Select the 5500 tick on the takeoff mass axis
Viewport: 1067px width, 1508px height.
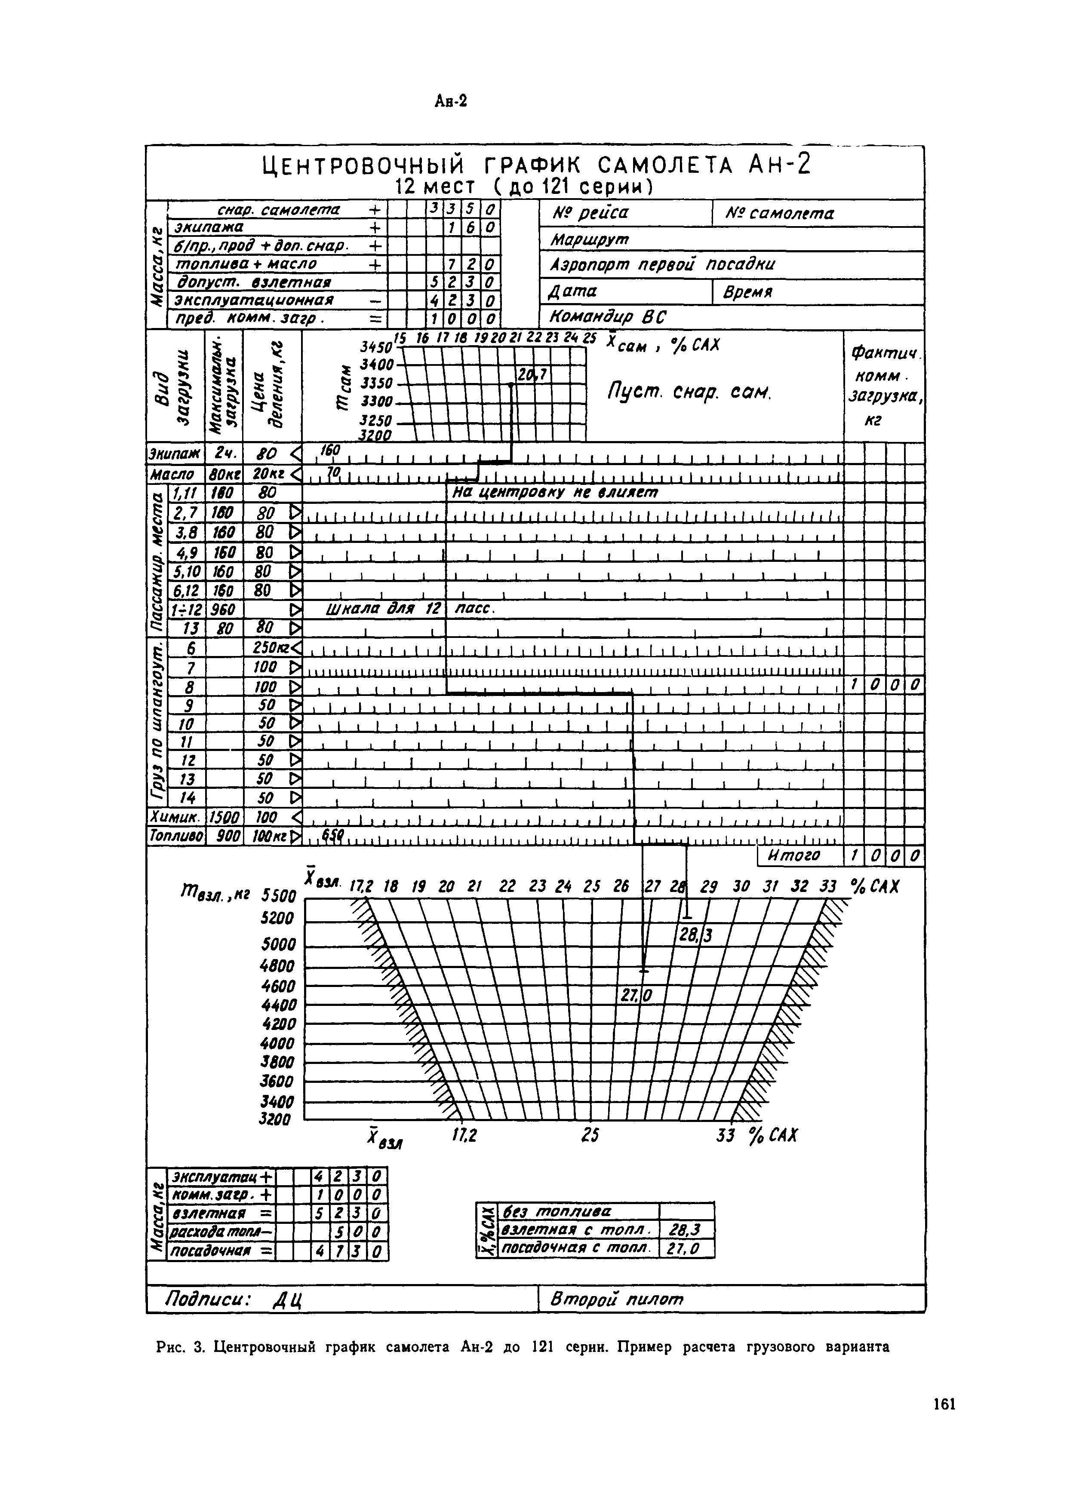coord(279,895)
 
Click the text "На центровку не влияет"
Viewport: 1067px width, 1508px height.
coord(555,492)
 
